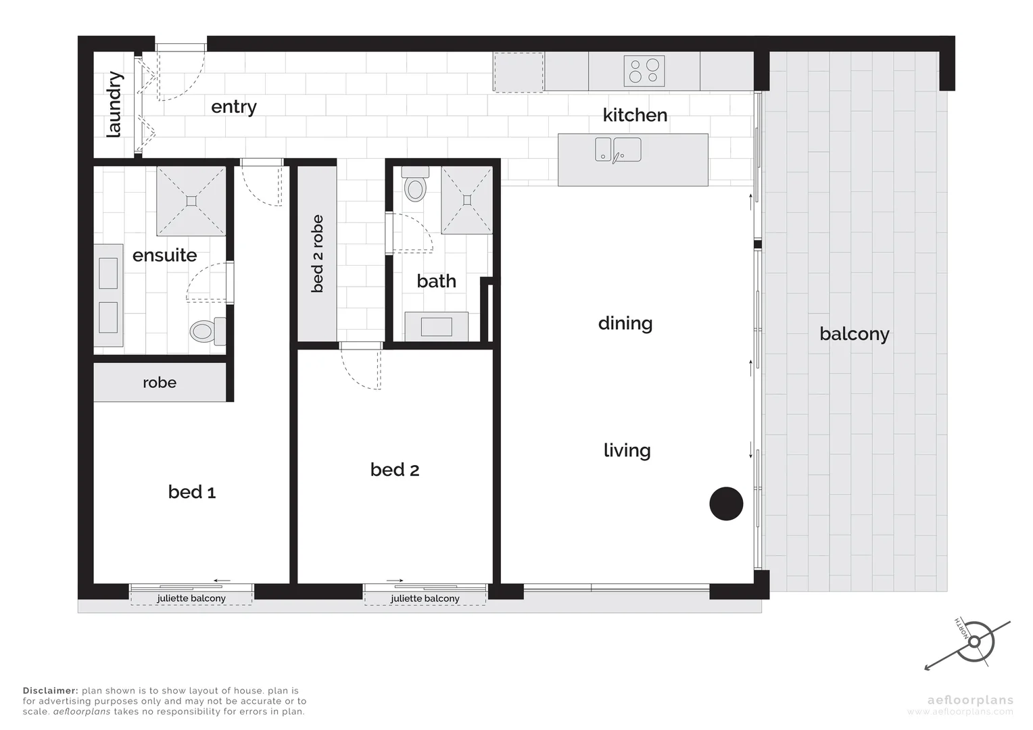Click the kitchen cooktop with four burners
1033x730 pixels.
(644, 71)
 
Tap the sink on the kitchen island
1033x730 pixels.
(618, 149)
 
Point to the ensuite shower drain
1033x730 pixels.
(191, 200)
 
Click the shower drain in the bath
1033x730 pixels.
(466, 199)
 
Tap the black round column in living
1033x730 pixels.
(726, 504)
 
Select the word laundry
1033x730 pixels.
(114, 105)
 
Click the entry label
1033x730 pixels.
(234, 107)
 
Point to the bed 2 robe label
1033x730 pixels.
(317, 253)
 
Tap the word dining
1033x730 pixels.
(625, 323)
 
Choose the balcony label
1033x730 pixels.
(854, 334)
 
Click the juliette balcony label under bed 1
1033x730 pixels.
(191, 598)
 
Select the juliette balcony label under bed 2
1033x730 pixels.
(425, 598)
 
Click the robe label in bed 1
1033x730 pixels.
(160, 383)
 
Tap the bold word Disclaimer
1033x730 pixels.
(50, 691)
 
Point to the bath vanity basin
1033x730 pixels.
(436, 326)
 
